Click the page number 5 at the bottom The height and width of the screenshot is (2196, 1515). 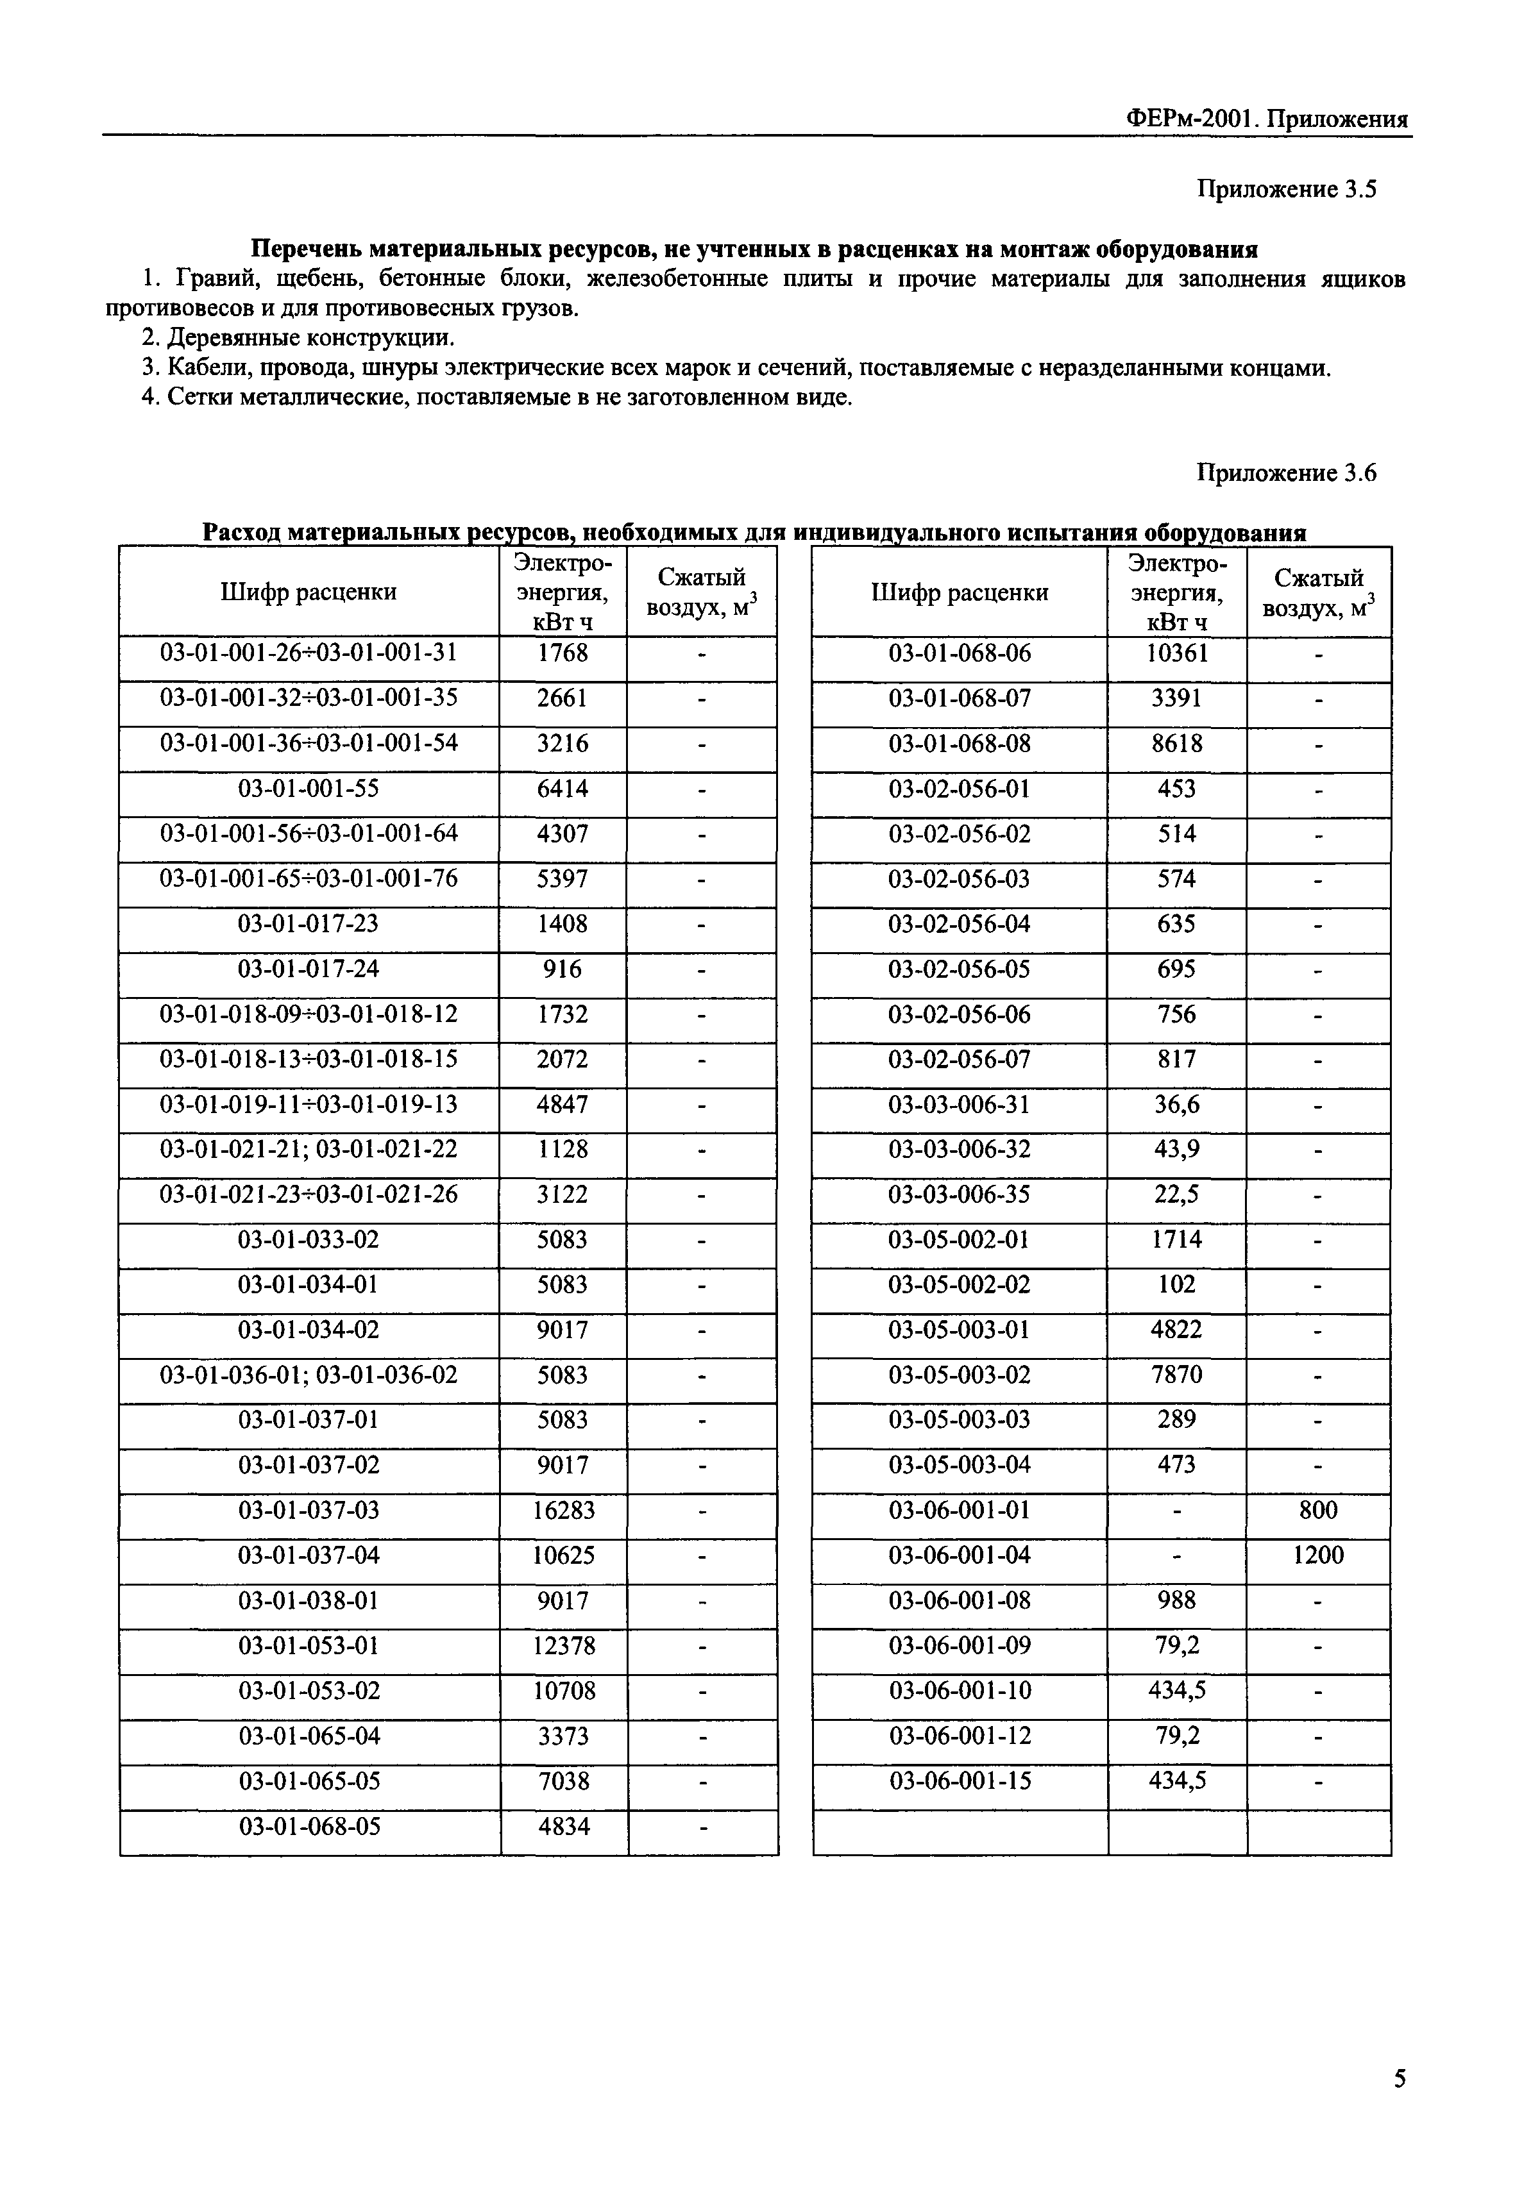pos(1399,2078)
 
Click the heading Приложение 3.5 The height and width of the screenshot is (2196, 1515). pos(1285,190)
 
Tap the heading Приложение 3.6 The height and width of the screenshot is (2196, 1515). pos(1285,473)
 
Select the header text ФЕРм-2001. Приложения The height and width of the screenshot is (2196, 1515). pos(1266,119)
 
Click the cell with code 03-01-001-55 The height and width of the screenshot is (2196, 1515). pos(309,789)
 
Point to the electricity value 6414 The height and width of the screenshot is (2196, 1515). pos(563,789)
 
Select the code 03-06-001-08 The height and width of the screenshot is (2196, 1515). pos(959,1600)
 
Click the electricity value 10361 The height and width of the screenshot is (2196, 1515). pos(1176,653)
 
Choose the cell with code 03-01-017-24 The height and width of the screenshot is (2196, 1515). pos(309,969)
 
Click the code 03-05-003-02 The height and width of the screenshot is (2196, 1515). pos(959,1374)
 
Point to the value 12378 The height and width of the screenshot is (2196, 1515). pos(563,1645)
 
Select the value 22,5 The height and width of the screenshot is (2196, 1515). pos(1176,1194)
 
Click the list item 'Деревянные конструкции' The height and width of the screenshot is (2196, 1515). pos(298,338)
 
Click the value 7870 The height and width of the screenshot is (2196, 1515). pos(1176,1374)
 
